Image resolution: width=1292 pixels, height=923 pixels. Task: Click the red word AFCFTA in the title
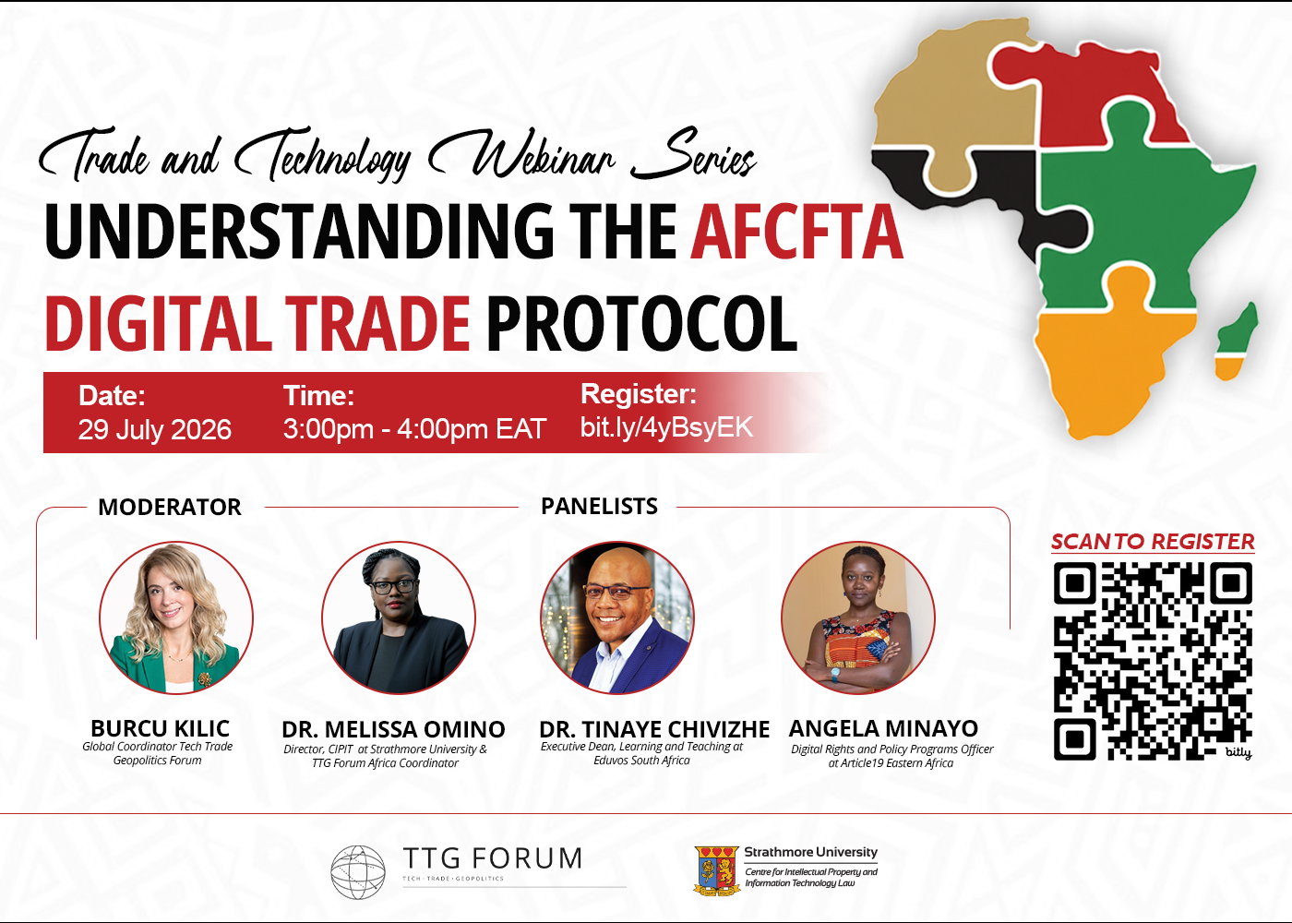click(797, 232)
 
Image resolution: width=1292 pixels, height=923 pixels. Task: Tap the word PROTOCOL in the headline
click(642, 323)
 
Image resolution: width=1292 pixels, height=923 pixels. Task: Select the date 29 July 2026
click(155, 430)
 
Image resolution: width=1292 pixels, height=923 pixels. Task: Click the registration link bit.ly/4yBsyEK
click(666, 427)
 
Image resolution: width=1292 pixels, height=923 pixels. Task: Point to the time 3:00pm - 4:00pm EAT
click(414, 429)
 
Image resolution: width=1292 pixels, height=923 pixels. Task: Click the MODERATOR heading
click(170, 507)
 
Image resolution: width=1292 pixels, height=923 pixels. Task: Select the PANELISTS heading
click(599, 506)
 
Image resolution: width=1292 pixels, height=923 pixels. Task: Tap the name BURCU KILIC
click(161, 728)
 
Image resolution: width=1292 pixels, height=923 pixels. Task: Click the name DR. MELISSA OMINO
click(393, 730)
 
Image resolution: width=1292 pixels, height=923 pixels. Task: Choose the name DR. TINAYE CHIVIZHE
click(654, 730)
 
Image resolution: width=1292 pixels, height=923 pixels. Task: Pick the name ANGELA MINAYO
click(883, 728)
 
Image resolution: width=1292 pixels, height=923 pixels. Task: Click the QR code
click(1153, 661)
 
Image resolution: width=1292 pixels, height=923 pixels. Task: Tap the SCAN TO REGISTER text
click(1153, 542)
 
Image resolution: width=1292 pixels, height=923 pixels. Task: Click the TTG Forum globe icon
click(358, 872)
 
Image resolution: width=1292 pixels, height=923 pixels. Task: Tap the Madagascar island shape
click(1238, 341)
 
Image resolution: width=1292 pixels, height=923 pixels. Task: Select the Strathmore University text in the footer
click(810, 852)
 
